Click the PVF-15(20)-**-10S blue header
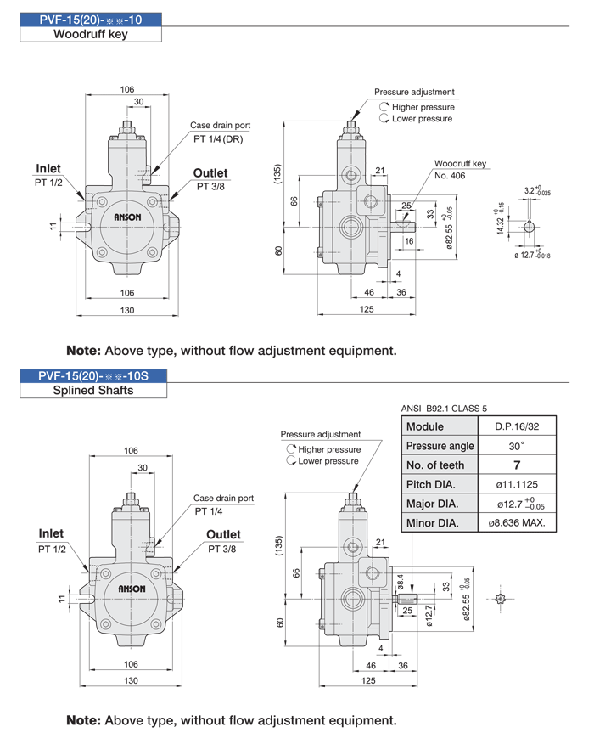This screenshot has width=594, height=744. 92,375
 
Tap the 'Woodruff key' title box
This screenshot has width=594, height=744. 91,34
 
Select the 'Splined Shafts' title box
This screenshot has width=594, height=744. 92,390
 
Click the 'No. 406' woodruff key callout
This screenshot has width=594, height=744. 450,176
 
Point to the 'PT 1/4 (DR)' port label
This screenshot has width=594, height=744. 218,139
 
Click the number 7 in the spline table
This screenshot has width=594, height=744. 517,465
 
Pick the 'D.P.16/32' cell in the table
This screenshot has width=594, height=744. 517,426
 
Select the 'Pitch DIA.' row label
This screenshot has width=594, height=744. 430,484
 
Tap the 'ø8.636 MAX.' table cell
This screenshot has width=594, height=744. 517,523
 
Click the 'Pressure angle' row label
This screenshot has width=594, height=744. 440,446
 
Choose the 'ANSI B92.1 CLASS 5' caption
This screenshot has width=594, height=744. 444,409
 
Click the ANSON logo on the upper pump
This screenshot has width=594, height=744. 127,217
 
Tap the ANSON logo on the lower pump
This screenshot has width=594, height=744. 132,589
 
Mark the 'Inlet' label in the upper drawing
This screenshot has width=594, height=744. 48,168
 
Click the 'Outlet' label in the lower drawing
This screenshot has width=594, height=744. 223,534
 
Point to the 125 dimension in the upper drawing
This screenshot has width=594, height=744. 367,309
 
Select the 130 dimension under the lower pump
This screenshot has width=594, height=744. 131,680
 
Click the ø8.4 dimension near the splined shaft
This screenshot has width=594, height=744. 401,581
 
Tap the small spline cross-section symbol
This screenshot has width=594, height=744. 500,599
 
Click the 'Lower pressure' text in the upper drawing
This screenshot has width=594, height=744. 422,119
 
